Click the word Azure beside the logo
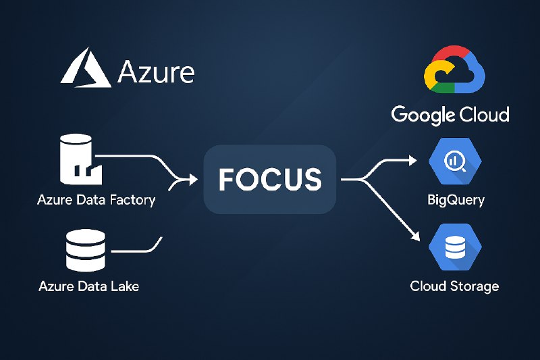156,72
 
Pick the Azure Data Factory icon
81,159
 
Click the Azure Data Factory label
96,200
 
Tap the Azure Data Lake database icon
86,251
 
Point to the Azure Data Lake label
89,286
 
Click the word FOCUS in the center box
271,180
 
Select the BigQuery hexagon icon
455,161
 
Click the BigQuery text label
456,200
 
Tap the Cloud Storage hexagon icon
455,247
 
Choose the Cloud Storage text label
454,286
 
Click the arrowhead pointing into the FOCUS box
193,179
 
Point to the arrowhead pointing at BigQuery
412,160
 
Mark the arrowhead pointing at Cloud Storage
416,236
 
